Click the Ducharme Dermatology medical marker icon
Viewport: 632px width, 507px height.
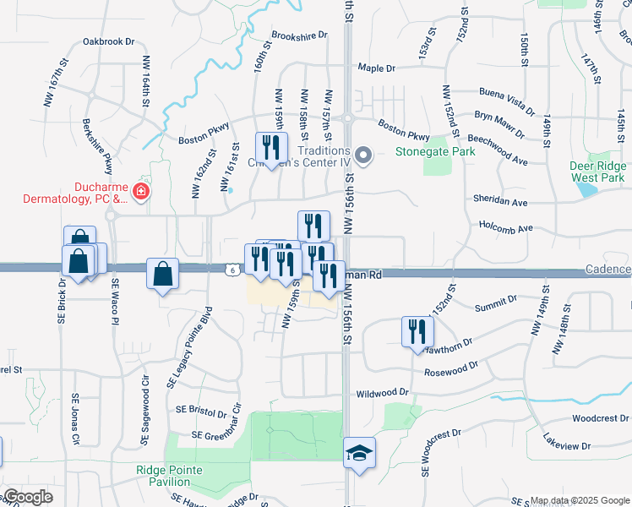[x=140, y=190]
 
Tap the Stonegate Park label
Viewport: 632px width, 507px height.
[x=436, y=152]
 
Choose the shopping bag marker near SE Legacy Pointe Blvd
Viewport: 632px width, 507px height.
[x=162, y=274]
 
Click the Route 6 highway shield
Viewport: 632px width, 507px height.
[x=232, y=270]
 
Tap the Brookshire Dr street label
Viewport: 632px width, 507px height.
[x=298, y=36]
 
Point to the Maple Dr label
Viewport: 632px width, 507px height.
[x=377, y=68]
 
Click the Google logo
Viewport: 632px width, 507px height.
[x=28, y=498]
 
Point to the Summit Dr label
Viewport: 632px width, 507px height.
[x=495, y=303]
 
